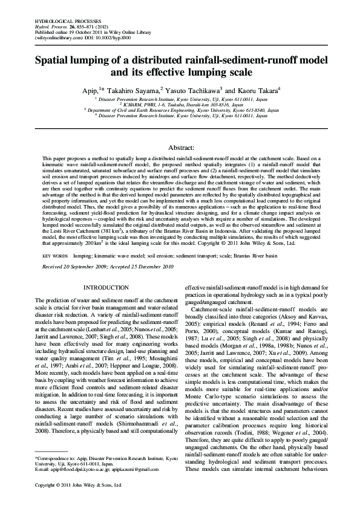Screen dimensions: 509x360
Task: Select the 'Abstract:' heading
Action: pos(180,147)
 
